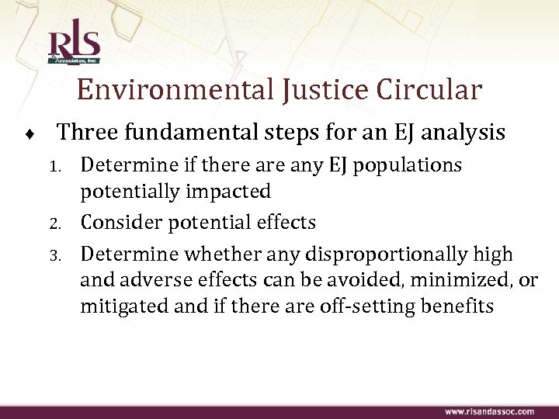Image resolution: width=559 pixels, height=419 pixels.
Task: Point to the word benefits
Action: click(x=459, y=306)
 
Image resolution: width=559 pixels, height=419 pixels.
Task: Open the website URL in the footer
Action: click(x=489, y=410)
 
